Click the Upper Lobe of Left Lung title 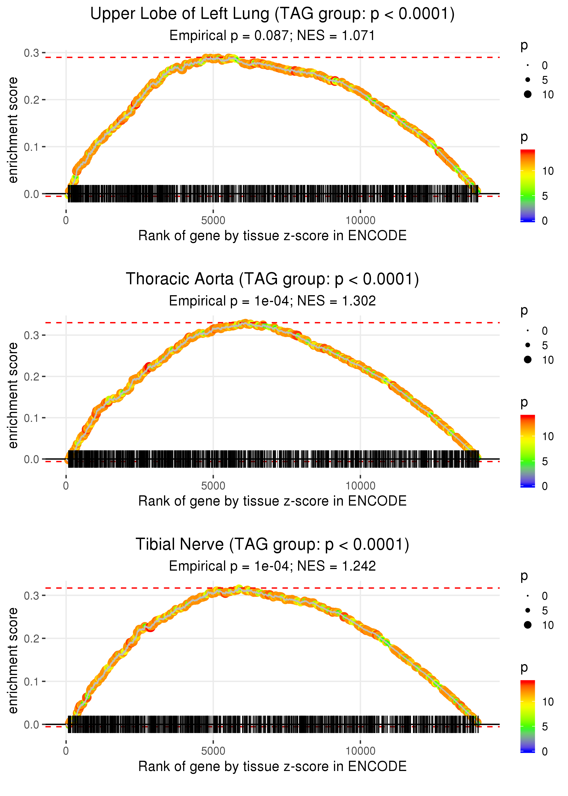click(272, 14)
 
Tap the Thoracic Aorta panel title click(272, 279)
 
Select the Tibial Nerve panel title click(272, 544)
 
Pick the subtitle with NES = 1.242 click(272, 566)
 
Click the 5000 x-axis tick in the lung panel click(213, 221)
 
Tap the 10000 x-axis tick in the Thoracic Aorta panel click(360, 486)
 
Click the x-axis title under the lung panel click(272, 236)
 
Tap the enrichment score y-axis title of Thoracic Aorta click(13, 395)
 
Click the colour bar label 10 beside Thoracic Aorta click(548, 436)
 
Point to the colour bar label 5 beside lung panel click(545, 196)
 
